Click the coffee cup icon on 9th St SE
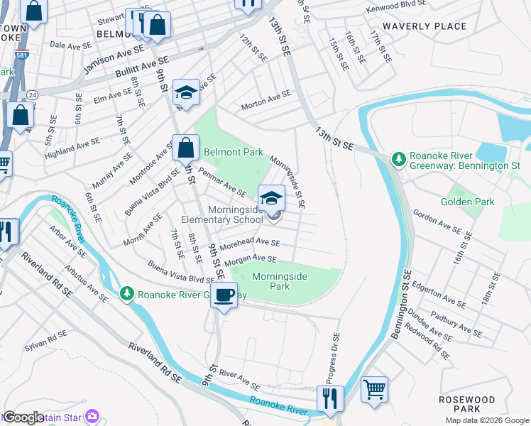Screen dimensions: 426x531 224,295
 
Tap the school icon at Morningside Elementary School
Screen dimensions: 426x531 271,199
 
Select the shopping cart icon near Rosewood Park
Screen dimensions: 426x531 374,390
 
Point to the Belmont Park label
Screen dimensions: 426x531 234,152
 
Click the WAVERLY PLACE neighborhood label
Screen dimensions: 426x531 425,26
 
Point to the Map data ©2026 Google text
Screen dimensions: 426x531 487,420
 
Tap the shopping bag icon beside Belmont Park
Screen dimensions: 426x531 185,148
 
